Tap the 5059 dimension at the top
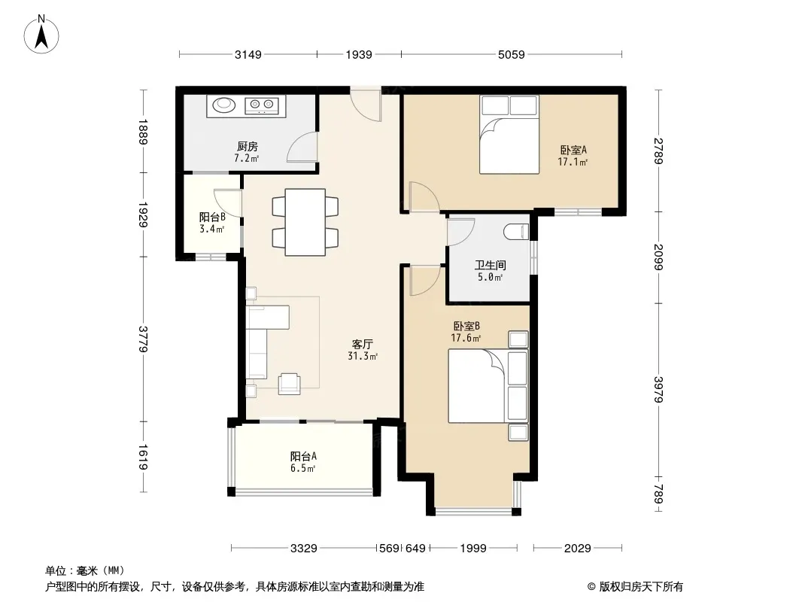point(512,54)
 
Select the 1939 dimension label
point(359,54)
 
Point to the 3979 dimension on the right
point(659,390)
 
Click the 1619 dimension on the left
point(143,457)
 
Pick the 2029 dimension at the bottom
point(578,549)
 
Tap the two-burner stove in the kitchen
point(261,105)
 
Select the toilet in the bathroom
point(516,233)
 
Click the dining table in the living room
point(305,222)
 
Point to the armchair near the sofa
point(290,384)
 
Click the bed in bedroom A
point(509,135)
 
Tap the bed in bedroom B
point(488,385)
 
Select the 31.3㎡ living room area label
point(363,356)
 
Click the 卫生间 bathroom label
point(490,265)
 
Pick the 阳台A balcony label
point(303,456)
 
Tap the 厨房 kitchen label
point(247,147)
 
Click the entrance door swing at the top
point(366,105)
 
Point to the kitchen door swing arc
point(302,147)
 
